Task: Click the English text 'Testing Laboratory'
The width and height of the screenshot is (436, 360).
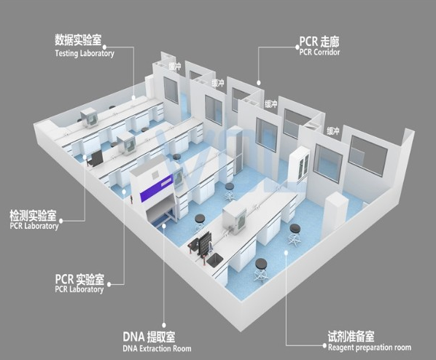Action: click(85, 53)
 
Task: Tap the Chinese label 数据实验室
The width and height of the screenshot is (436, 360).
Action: click(78, 40)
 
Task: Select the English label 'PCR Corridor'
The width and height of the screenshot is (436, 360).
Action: click(319, 52)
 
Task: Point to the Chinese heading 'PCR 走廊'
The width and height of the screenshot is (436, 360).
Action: click(319, 42)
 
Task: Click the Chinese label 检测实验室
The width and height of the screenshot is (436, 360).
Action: click(33, 216)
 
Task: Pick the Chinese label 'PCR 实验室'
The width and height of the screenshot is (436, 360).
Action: click(79, 279)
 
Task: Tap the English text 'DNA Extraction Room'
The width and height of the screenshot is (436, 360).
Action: click(157, 348)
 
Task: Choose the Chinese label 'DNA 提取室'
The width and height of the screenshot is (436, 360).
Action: click(149, 337)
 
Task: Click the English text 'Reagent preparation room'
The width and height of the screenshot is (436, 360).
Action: click(370, 347)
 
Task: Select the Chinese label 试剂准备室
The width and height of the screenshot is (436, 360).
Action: click(351, 337)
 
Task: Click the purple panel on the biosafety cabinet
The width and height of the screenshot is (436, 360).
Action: click(156, 189)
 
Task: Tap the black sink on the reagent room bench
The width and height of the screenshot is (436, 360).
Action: click(214, 261)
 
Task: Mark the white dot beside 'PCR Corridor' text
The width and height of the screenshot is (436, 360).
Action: click(297, 47)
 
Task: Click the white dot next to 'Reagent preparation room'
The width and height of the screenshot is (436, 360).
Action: click(324, 345)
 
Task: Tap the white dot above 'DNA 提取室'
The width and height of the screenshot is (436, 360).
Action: click(164, 325)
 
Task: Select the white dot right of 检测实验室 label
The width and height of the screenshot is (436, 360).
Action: click(61, 221)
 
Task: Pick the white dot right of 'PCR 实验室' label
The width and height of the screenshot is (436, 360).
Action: click(109, 284)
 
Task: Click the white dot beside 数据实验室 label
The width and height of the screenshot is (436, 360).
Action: click(104, 47)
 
